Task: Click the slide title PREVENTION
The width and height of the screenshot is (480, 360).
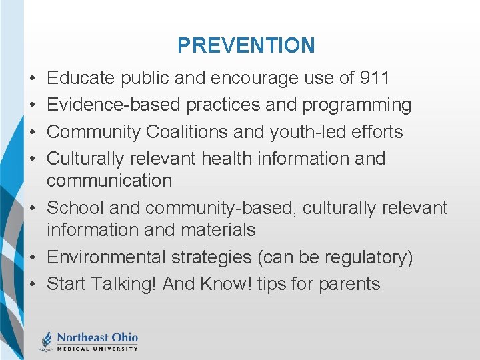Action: coord(246,45)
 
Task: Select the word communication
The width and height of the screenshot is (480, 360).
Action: coord(109,180)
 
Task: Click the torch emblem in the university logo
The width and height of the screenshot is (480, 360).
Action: coord(46,340)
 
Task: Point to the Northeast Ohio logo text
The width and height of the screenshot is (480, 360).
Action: coord(97,337)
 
